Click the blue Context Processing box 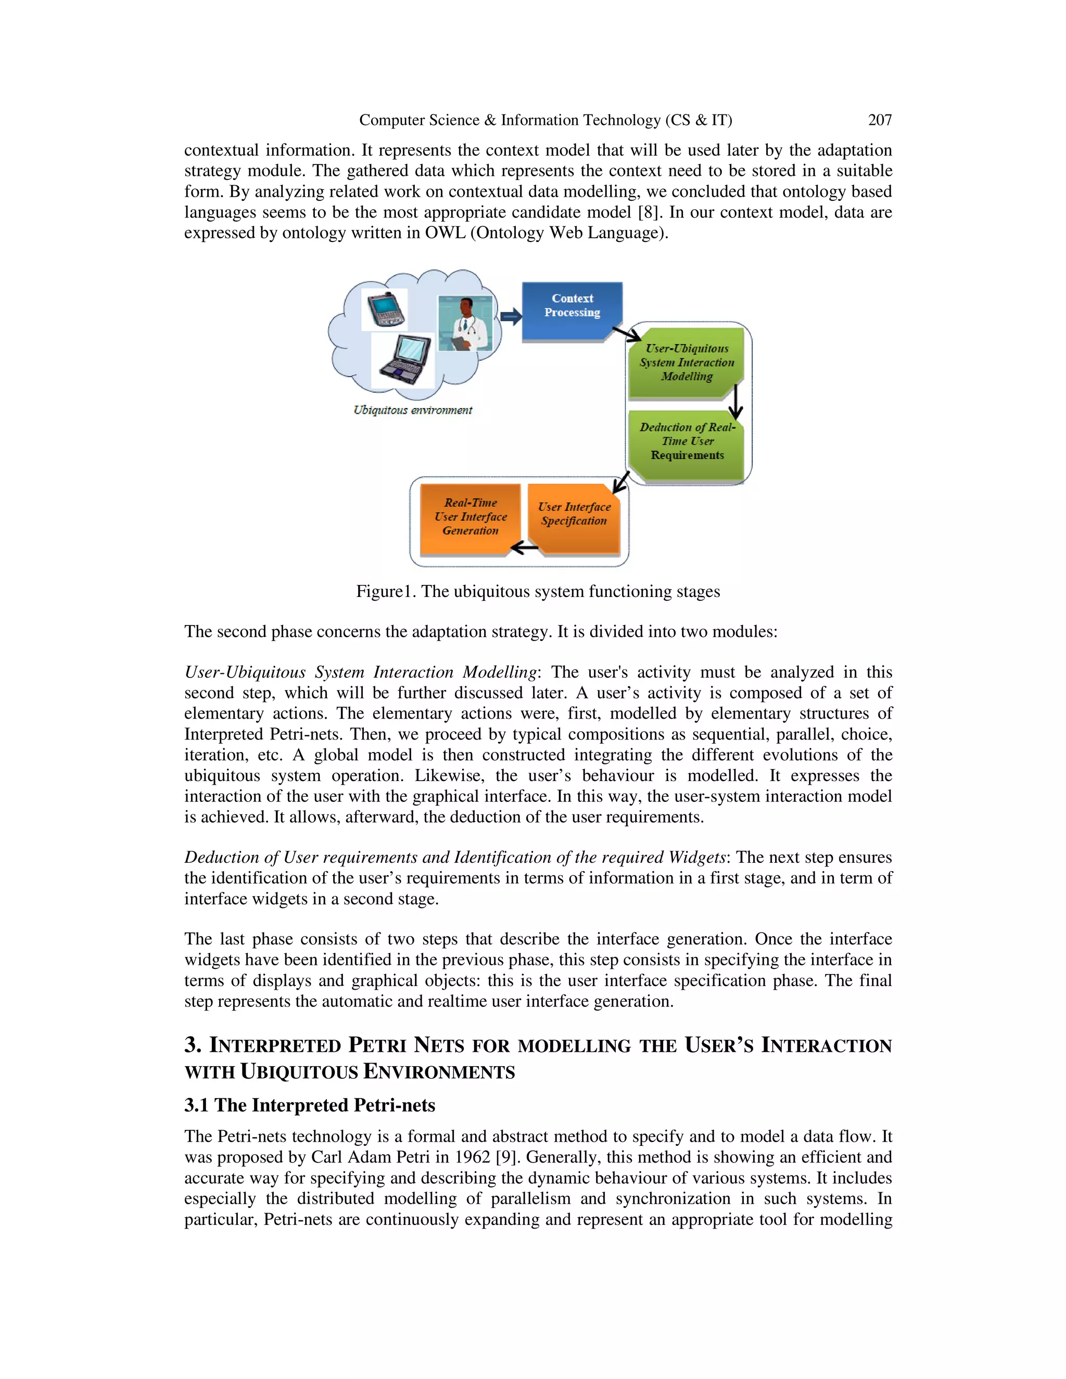(x=572, y=311)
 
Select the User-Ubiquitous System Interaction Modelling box (x=687, y=362)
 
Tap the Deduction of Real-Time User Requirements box (x=687, y=441)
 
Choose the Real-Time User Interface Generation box (x=470, y=518)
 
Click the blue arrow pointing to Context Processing (x=511, y=316)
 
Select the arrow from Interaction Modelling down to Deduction (x=735, y=402)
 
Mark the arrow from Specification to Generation (x=524, y=547)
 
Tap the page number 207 (x=880, y=120)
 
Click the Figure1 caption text (x=537, y=592)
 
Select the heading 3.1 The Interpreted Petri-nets (x=310, y=1105)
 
